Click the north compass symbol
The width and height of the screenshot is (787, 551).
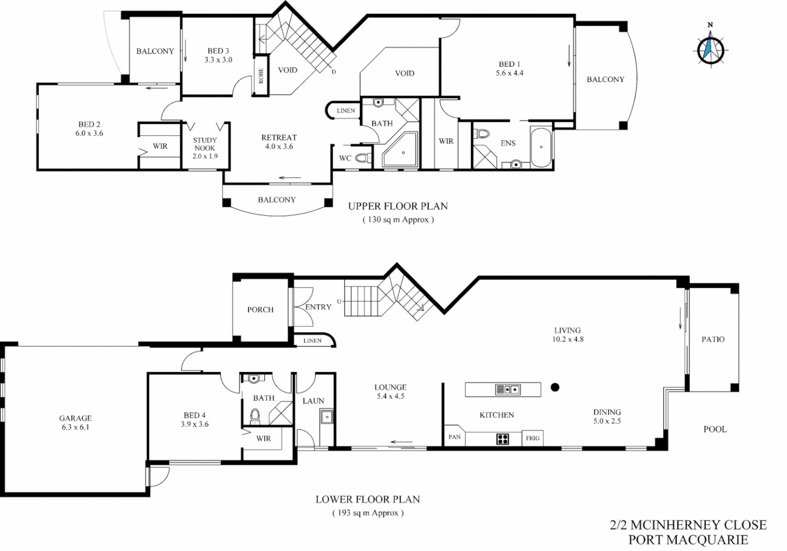click(x=710, y=48)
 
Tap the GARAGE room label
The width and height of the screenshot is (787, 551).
click(x=75, y=418)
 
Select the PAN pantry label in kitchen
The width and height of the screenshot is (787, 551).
click(x=454, y=437)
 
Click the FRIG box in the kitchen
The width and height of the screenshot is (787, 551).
click(x=532, y=438)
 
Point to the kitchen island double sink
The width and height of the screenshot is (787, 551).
click(x=507, y=390)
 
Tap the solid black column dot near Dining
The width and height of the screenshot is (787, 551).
click(x=555, y=387)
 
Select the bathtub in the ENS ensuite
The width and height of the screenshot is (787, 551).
click(x=541, y=147)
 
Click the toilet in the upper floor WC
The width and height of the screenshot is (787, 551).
click(x=363, y=158)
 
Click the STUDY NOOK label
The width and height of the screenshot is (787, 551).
click(x=205, y=144)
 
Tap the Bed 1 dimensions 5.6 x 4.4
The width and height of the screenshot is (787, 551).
click(x=509, y=73)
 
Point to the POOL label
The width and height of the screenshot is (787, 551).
click(x=715, y=429)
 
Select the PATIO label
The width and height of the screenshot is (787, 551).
click(x=713, y=339)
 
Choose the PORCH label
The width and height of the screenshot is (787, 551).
click(x=260, y=310)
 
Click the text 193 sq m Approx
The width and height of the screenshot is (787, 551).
click(x=367, y=513)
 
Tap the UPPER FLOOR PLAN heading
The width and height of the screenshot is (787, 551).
click(x=398, y=206)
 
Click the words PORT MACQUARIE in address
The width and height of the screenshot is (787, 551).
click(x=688, y=539)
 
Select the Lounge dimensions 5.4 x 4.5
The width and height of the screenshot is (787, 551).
click(x=390, y=396)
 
